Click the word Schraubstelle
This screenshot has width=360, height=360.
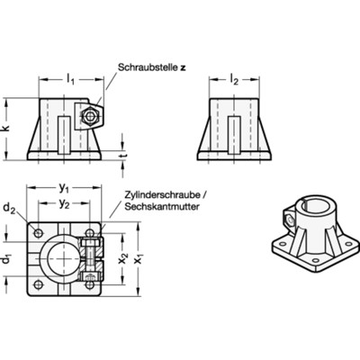tap(146, 67)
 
